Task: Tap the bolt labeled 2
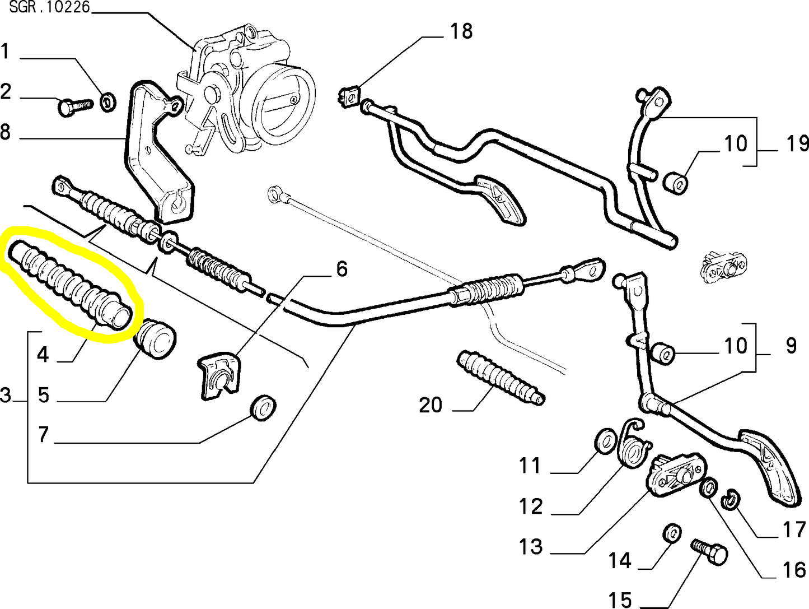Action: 74,105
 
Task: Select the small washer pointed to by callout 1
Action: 107,102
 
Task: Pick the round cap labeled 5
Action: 155,339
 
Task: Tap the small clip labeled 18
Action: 349,96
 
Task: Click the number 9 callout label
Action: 790,346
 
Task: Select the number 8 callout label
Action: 5,132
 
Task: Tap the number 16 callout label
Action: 793,569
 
